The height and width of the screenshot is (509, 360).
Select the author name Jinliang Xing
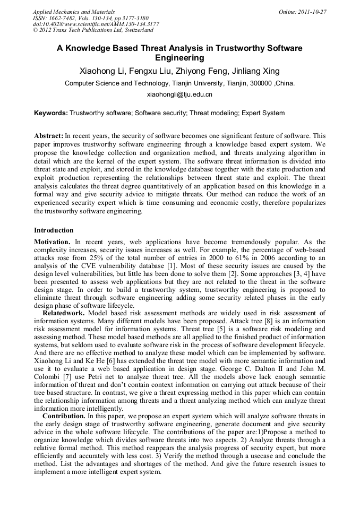pos(256,71)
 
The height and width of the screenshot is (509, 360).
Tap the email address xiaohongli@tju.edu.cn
pos(179,94)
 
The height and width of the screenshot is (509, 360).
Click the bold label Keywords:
pos(51,113)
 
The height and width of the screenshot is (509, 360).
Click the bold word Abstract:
pos(49,136)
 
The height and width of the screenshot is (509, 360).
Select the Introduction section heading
pos(54,230)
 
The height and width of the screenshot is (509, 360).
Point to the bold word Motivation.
pos(52,242)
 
